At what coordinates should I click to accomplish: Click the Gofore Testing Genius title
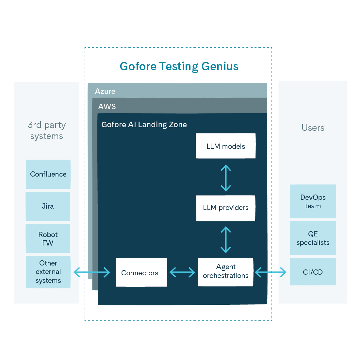pos(179,66)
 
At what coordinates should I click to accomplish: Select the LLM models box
pos(226,146)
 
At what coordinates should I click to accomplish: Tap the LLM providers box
pos(226,208)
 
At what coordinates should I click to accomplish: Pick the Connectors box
pos(141,272)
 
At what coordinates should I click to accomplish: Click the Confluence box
pos(48,174)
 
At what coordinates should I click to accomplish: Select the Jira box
pos(48,206)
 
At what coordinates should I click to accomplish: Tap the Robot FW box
pos(48,239)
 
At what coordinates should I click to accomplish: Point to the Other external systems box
pos(48,272)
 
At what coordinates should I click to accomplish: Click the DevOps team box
pos(313,201)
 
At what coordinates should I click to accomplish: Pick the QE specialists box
pos(313,238)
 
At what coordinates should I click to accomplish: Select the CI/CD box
pos(313,272)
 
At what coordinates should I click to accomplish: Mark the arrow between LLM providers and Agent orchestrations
pos(226,240)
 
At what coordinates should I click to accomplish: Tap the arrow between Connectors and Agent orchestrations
pos(182,272)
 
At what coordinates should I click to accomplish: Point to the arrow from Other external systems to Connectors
pos(92,272)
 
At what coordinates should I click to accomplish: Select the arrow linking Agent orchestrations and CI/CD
pos(271,272)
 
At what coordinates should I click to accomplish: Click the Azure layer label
pos(105,91)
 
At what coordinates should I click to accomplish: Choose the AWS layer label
pos(107,106)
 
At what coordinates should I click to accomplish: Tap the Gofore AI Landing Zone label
pos(144,125)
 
